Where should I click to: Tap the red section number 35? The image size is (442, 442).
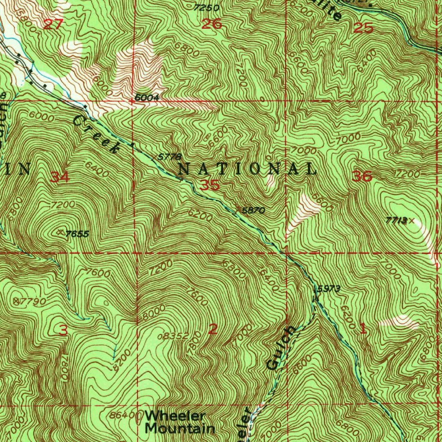210,186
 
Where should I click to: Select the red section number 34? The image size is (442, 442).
60,177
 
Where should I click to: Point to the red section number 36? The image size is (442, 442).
362,176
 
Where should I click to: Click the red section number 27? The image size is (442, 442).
53,24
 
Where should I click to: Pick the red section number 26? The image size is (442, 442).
212,24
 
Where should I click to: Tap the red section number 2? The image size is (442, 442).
213,330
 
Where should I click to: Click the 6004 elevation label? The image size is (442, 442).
147,98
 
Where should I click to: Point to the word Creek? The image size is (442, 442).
96,134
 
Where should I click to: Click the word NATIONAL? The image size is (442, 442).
247,169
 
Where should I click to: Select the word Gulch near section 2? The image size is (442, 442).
281,348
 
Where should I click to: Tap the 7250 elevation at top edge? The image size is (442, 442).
206,8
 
